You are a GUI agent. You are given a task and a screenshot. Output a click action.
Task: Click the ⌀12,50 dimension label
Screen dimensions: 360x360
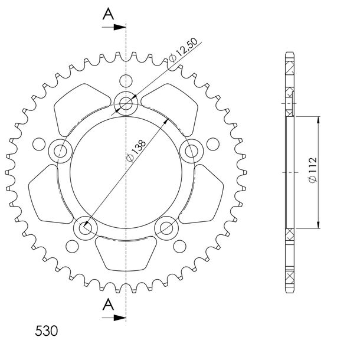183,50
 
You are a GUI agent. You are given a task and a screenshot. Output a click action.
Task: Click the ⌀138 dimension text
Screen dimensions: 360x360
136,150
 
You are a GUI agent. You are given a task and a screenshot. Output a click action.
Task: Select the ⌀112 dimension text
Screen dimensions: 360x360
313,170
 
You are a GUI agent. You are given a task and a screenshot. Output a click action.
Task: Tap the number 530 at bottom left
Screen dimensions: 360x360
47,331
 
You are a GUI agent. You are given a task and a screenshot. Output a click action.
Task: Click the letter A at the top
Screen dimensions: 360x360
109,14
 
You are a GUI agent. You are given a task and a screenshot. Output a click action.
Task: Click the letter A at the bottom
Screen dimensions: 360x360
109,304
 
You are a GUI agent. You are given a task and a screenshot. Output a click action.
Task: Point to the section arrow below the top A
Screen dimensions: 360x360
114,27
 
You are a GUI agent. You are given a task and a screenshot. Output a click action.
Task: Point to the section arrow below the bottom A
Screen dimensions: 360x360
114,318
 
